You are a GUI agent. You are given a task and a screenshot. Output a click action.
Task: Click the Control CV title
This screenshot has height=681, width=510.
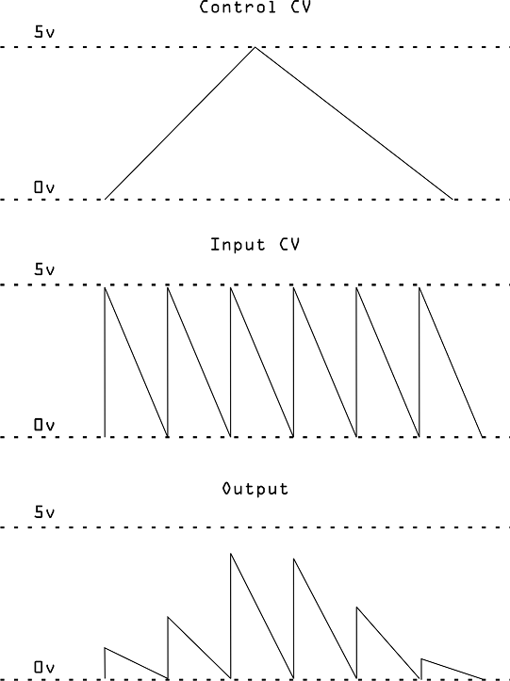pyautogui.click(x=255, y=7)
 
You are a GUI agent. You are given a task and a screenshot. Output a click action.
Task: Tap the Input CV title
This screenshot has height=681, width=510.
pyautogui.click(x=255, y=245)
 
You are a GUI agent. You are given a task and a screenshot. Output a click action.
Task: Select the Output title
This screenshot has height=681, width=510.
pyautogui.click(x=255, y=489)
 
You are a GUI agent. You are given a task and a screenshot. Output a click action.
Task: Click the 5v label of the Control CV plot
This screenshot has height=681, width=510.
pyautogui.click(x=44, y=32)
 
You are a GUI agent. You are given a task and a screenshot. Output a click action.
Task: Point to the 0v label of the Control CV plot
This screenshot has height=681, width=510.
pyautogui.click(x=44, y=187)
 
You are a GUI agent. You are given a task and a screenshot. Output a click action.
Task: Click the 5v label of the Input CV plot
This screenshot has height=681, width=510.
pyautogui.click(x=44, y=269)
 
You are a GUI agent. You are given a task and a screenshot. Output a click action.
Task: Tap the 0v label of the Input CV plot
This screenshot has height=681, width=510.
pyautogui.click(x=44, y=424)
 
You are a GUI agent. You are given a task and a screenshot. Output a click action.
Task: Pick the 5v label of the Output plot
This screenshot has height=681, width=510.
pyautogui.click(x=44, y=512)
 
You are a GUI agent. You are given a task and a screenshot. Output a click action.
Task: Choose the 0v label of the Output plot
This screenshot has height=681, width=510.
pyautogui.click(x=44, y=667)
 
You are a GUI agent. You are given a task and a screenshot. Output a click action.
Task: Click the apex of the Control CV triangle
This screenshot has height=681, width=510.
pyautogui.click(x=255, y=47)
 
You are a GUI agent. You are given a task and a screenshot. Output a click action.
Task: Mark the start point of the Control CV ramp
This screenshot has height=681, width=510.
pyautogui.click(x=106, y=199)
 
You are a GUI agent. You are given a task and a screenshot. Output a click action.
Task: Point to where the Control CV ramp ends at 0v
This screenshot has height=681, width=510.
pyautogui.click(x=452, y=199)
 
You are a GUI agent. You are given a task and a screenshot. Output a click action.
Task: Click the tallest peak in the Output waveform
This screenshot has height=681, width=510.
pyautogui.click(x=231, y=554)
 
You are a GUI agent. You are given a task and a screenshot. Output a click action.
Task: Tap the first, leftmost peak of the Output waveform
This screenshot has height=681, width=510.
pyautogui.click(x=105, y=648)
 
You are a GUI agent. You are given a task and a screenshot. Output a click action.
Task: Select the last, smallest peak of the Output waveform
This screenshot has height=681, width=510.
pyautogui.click(x=420, y=658)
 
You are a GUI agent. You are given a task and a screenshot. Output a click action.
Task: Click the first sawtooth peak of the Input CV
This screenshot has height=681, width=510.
pyautogui.click(x=105, y=287)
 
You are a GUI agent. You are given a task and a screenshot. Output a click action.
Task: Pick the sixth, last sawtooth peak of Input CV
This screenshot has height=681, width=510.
pyautogui.click(x=420, y=287)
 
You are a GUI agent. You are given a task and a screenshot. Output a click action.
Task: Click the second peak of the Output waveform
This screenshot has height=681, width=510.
pyautogui.click(x=168, y=617)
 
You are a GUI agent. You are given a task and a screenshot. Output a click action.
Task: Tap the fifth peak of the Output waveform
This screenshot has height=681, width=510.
pyautogui.click(x=357, y=608)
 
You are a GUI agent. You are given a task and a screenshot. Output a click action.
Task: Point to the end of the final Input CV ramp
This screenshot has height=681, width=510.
pyautogui.click(x=483, y=436)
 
